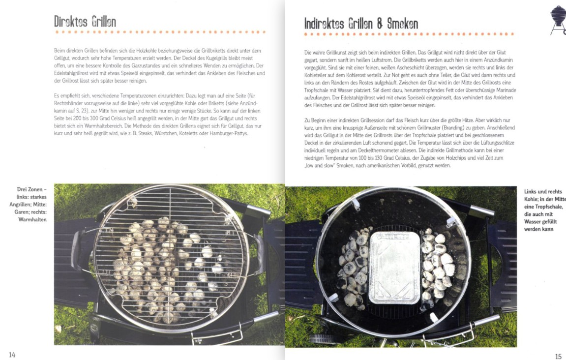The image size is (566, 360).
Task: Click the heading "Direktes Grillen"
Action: [85, 22]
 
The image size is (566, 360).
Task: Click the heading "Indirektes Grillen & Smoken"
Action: [361, 24]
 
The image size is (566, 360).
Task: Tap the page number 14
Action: [12, 355]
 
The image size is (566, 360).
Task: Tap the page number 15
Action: [558, 357]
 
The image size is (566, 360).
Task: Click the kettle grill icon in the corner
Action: [558, 20]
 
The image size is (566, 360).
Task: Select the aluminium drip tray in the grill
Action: [395, 268]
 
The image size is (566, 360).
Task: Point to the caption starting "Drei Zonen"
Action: [29, 205]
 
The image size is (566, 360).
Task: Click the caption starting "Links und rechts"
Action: [545, 210]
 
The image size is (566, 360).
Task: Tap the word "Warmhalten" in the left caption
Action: [32, 219]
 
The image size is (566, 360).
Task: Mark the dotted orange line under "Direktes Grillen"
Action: [161, 32]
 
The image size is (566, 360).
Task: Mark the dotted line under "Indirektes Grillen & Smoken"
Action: [409, 34]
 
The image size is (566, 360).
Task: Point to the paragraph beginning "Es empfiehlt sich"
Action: [158, 115]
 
